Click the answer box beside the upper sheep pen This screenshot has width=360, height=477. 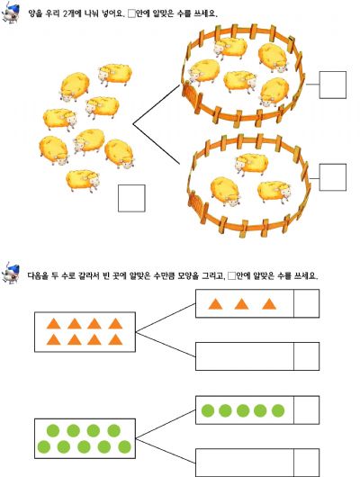(333, 85)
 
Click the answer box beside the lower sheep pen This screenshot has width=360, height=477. (333, 177)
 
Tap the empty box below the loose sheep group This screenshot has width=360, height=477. (131, 198)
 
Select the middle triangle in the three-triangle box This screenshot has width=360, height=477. (241, 304)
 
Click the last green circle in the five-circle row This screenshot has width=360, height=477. (278, 410)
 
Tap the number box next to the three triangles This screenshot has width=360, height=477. (306, 303)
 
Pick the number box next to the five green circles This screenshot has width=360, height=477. (306, 410)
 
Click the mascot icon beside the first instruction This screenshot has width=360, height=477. (11, 13)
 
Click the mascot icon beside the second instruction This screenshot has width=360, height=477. (11, 273)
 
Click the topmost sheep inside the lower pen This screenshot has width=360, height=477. (251, 164)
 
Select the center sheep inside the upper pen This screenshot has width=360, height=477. (240, 81)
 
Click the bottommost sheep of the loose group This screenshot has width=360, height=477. (83, 180)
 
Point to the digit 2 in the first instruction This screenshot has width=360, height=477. (66, 13)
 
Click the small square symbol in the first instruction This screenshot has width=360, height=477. (131, 13)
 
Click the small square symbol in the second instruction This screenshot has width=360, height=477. (232, 276)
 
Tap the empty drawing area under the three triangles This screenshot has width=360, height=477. (245, 356)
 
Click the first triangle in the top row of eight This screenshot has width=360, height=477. (54, 324)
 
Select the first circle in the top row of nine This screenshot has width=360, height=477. (53, 430)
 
